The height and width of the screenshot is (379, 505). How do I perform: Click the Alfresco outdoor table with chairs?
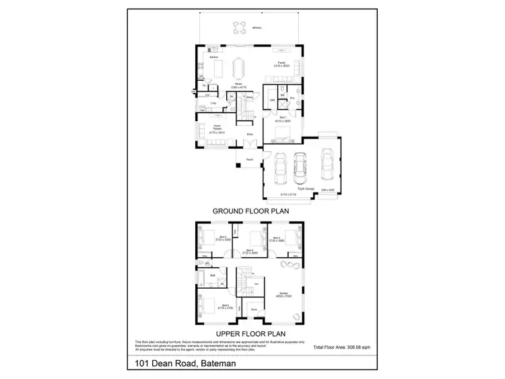(239, 28)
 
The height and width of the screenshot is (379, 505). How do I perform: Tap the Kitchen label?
(214, 57)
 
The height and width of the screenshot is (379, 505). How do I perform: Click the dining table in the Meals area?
(238, 68)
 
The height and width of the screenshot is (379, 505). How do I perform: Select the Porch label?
(249, 160)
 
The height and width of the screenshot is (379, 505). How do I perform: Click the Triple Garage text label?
(306, 189)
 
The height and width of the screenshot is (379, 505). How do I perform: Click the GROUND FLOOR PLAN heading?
(250, 211)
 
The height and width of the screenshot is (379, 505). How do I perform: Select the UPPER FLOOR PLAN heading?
(250, 333)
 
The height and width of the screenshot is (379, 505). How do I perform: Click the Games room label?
(283, 294)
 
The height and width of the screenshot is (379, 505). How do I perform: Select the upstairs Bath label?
(213, 275)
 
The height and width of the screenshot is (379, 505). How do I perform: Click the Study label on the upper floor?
(254, 310)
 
